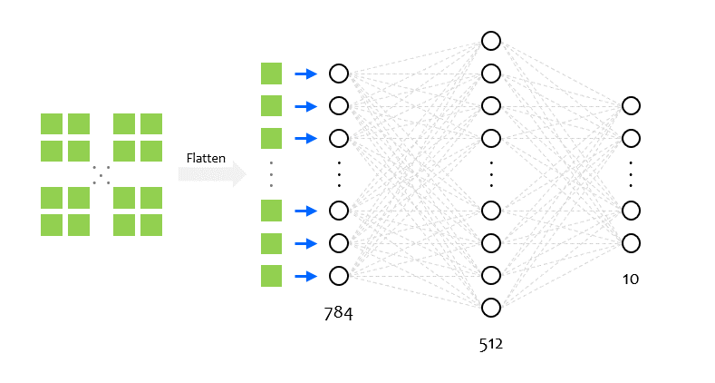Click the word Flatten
206,158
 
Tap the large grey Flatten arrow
212,174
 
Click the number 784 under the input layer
338,314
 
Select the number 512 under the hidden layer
490,344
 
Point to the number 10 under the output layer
631,279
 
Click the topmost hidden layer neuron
491,41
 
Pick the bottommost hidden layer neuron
491,308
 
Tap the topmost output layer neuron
631,106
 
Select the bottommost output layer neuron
631,243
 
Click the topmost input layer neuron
339,74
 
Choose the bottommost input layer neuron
339,276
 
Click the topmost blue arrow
306,74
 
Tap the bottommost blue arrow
306,276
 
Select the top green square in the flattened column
271,74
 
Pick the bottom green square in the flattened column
271,276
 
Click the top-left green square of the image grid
52,124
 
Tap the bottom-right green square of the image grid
151,225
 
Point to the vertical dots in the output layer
631,174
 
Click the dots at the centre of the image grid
101,175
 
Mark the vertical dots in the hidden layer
491,174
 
